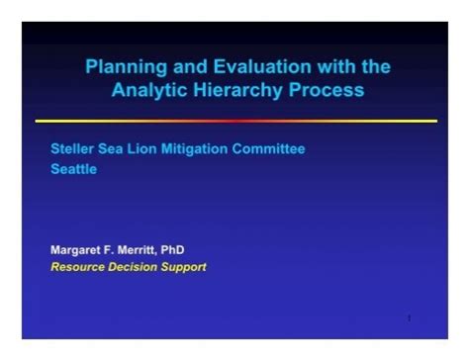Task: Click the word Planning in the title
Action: pos(122,67)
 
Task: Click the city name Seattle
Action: pos(74,168)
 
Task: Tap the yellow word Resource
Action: pos(77,267)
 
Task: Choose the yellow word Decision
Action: pos(136,267)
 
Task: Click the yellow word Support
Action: pos(186,267)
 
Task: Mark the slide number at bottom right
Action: pos(409,318)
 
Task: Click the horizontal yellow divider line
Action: pos(235,122)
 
